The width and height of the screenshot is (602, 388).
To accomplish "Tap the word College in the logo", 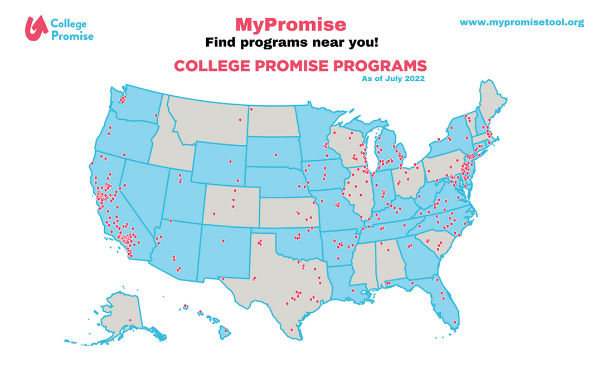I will click(69, 23).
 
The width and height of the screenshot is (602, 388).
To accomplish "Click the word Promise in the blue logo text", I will click(72, 35).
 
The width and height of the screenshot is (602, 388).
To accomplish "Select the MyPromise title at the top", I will click(290, 24).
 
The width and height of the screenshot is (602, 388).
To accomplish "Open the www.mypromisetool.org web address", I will click(522, 22).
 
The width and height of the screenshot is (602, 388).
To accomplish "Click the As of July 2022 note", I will click(393, 79).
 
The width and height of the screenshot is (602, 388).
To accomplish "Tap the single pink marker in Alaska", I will click(130, 320).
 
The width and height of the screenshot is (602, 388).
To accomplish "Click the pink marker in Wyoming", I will click(229, 161).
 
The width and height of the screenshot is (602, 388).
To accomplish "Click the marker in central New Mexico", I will click(222, 241).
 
